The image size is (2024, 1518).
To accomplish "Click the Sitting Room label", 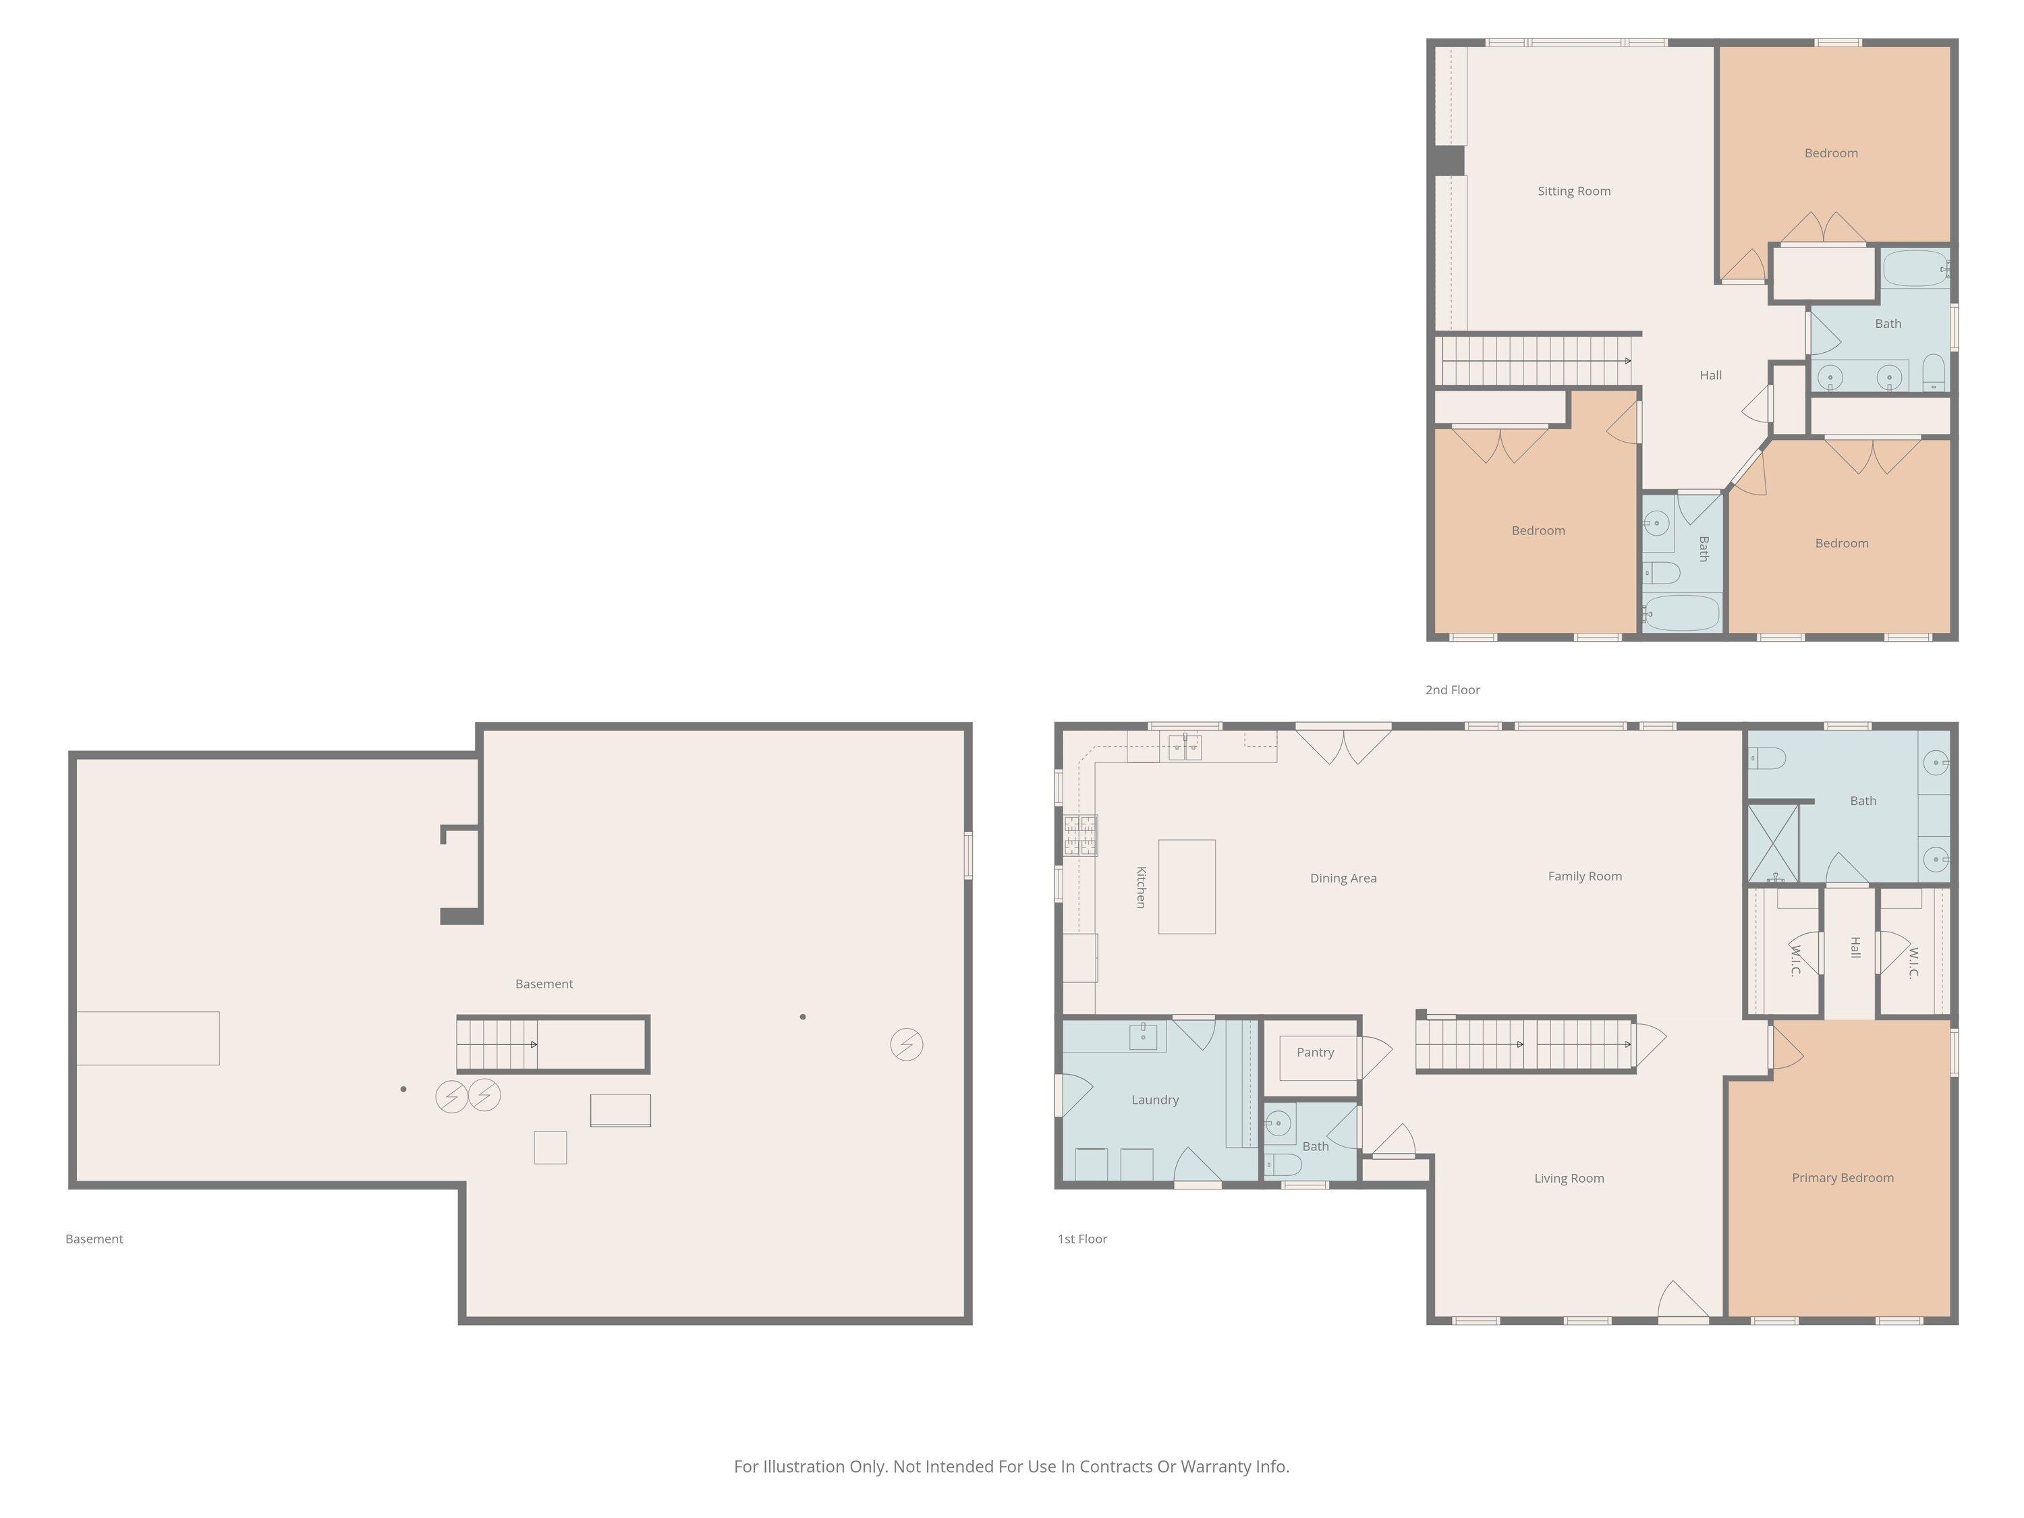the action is click(x=1574, y=191).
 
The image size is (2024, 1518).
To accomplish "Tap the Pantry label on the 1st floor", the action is click(x=1315, y=1052).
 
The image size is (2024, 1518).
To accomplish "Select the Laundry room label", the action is click(x=1155, y=1100).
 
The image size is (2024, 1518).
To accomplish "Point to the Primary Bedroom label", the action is click(x=1843, y=1177).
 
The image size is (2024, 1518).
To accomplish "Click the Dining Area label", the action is click(x=1343, y=878).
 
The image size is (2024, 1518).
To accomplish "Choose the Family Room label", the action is click(x=1585, y=876).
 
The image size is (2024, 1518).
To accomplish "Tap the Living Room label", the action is click(x=1569, y=1179).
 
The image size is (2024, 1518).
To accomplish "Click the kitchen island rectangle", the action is click(x=1187, y=887).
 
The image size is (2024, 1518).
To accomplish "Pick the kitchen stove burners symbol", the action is click(x=1081, y=835).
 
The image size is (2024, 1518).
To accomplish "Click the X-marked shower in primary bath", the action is click(x=1773, y=843).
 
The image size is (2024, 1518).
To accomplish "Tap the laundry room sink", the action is click(x=1143, y=1037).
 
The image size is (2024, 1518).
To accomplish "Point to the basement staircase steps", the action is click(x=497, y=1044).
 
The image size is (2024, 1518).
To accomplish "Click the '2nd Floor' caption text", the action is click(x=1452, y=690).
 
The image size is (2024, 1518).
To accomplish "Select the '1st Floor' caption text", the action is click(x=1082, y=1239).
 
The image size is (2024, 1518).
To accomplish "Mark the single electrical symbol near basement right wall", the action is click(x=907, y=1044).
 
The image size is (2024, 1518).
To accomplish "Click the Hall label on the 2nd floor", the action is click(x=1711, y=375).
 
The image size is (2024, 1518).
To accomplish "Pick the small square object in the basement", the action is click(x=550, y=1148).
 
